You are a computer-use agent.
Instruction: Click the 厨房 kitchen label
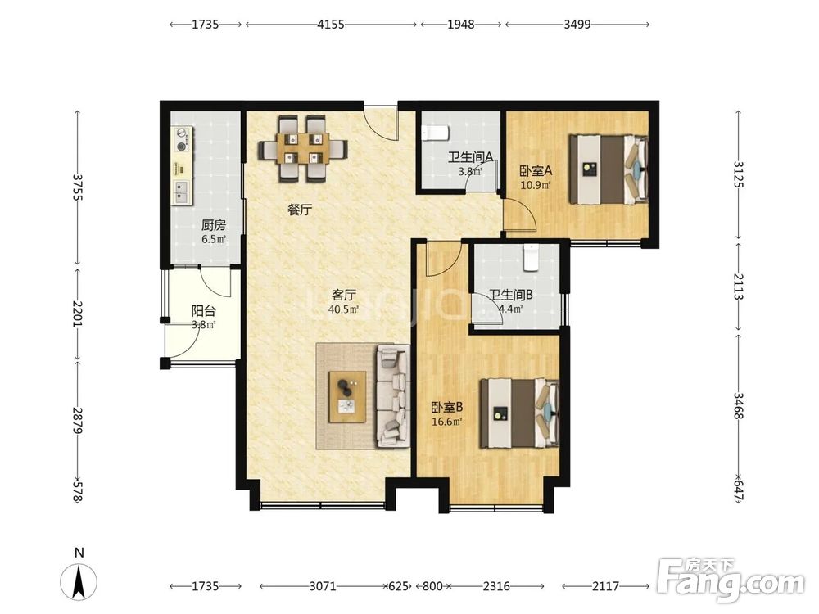[x=214, y=226]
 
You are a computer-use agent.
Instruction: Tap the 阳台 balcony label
[x=203, y=312]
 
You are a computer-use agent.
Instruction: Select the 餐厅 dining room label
[x=300, y=210]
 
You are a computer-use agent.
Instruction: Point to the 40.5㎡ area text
[x=343, y=309]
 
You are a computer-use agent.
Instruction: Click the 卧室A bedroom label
[x=536, y=171]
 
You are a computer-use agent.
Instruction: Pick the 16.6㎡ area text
[x=447, y=422]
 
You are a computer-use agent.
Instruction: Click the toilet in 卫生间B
[x=532, y=257]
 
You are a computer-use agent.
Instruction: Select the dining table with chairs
[x=303, y=148]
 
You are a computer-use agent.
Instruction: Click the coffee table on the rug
[x=347, y=397]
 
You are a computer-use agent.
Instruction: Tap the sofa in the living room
[x=393, y=395]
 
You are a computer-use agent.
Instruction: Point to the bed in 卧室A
[x=609, y=169]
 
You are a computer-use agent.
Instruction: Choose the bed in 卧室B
[x=520, y=413]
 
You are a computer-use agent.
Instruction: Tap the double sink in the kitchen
[x=182, y=192]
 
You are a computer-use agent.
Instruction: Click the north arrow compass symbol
[x=79, y=581]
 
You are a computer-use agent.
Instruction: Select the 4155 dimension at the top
[x=331, y=25]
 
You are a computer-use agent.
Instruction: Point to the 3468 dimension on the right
[x=738, y=406]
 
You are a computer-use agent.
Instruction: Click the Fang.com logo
[x=731, y=582]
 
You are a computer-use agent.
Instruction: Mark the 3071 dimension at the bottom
[x=322, y=586]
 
